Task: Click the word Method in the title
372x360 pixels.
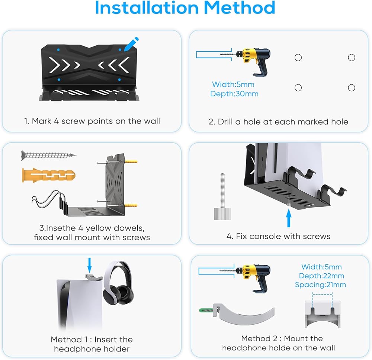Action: (x=240, y=8)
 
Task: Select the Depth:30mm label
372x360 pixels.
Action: (x=234, y=94)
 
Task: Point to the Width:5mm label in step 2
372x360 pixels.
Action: (x=233, y=84)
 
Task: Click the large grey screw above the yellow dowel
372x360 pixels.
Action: (x=49, y=155)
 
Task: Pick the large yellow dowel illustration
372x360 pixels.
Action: (x=49, y=176)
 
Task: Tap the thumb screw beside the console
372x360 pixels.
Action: (x=222, y=197)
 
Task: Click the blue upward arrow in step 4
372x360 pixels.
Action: (x=289, y=218)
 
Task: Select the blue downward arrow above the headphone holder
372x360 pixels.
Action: (x=89, y=266)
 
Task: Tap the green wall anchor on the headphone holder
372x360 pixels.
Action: (x=206, y=310)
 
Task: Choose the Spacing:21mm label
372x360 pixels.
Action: (x=320, y=285)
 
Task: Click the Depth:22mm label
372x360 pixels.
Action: (x=321, y=276)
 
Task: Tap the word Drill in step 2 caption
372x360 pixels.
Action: (x=225, y=122)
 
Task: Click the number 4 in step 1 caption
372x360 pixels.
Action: (x=56, y=121)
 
